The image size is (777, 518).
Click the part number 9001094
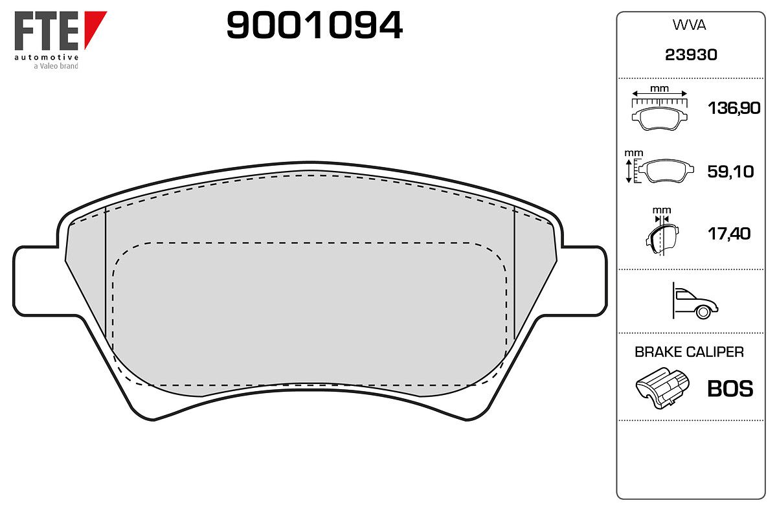click(314, 25)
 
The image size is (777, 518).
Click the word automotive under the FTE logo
click(47, 57)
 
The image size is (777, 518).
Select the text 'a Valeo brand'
click(56, 66)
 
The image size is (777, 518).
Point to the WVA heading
click(689, 25)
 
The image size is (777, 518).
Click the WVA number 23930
click(691, 55)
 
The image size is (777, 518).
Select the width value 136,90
click(734, 108)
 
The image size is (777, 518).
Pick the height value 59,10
click(730, 172)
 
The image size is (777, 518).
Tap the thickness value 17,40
click(729, 234)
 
